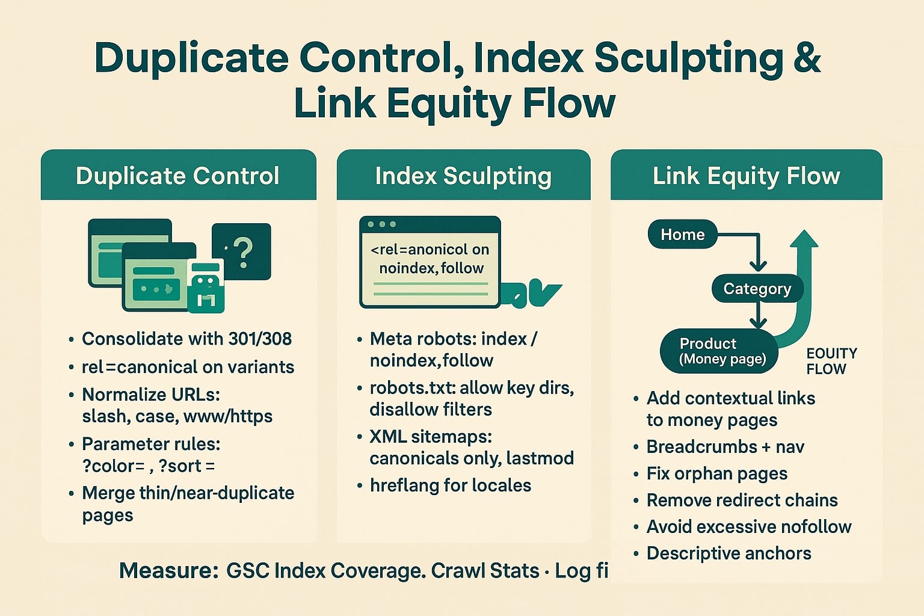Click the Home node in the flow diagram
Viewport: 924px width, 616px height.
click(x=682, y=235)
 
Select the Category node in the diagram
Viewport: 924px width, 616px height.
click(x=757, y=289)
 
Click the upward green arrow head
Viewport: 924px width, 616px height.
click(x=804, y=239)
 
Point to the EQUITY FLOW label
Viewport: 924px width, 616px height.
click(x=831, y=361)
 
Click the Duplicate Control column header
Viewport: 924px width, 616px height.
click(x=177, y=176)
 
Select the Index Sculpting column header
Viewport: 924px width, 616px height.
click(x=463, y=176)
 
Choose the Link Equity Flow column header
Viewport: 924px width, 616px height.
click(x=746, y=176)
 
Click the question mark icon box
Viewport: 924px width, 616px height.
click(x=242, y=251)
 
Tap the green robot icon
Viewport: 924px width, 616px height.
click(x=206, y=288)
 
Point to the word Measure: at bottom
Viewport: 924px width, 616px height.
click(x=168, y=570)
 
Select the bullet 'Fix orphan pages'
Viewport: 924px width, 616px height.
click(x=716, y=473)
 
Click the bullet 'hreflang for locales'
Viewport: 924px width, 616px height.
click(x=450, y=485)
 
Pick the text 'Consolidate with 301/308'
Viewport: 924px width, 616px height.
click(x=186, y=339)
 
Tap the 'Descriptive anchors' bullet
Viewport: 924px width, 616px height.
click(x=728, y=553)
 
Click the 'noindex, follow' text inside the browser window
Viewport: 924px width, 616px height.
click(x=431, y=268)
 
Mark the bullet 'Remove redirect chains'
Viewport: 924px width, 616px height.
click(x=742, y=500)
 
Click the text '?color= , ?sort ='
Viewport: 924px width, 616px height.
click(x=149, y=466)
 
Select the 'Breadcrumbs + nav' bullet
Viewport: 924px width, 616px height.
click(x=725, y=447)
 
